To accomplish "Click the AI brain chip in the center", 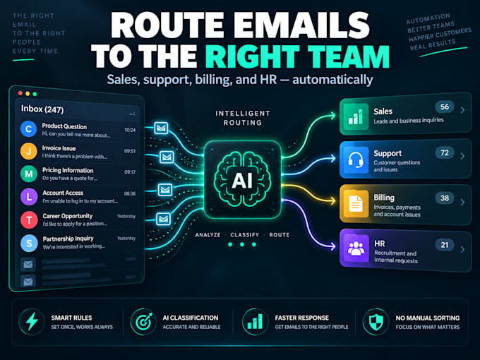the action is (242, 180).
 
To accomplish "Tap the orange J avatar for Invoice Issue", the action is (29, 151).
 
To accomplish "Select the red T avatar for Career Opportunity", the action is (29, 220).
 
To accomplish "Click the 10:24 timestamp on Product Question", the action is (130, 130).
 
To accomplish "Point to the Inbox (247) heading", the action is (42, 109).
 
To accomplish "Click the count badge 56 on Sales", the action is (445, 107).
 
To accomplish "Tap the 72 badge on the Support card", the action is (445, 152).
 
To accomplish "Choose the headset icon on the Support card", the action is (356, 160).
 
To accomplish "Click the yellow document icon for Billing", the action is (355, 204).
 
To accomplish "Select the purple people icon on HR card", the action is (356, 248).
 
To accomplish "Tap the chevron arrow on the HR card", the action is (462, 249).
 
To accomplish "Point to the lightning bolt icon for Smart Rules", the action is (32, 322).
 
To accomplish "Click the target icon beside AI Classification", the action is (143, 322).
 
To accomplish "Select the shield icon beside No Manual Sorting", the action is (376, 322).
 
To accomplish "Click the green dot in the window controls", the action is (35, 95).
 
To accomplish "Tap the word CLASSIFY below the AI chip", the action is (245, 235).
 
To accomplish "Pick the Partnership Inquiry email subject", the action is (68, 239).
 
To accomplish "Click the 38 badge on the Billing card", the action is (445, 198).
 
